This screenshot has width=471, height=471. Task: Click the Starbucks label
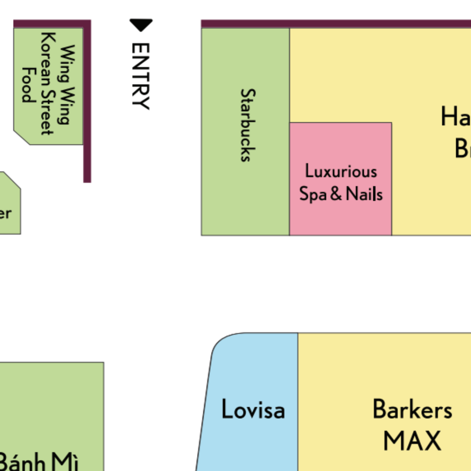tap(248, 125)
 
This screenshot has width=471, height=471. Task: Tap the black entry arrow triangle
tap(141, 25)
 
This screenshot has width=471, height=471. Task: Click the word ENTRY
tap(141, 76)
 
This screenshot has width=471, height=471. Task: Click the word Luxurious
tap(341, 171)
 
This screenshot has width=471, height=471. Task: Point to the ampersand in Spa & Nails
tap(336, 193)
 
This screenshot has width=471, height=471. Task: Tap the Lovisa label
tap(253, 410)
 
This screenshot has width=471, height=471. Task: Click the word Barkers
tap(412, 410)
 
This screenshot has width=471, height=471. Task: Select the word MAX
tap(412, 440)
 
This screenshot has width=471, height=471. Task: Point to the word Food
tap(28, 85)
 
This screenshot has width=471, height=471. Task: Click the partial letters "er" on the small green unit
tap(5, 214)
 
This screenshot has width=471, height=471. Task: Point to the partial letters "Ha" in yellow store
tap(455, 117)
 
